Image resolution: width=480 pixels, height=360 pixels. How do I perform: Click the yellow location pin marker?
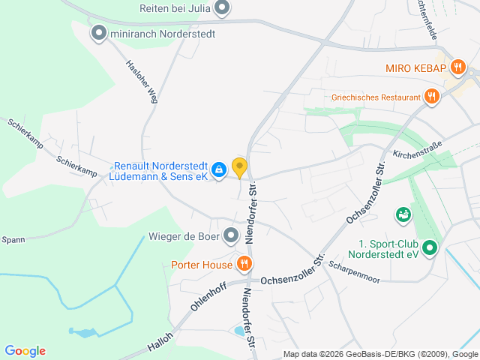(x=239, y=167)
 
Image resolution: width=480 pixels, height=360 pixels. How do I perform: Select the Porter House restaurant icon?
(x=244, y=264)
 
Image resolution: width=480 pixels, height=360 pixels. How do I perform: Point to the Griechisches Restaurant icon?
(x=431, y=97)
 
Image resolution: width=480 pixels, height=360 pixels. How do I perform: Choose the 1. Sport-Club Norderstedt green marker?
(x=429, y=247)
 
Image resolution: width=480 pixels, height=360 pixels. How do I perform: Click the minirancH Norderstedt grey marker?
(x=98, y=32)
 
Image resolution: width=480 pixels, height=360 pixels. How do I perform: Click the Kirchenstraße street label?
(x=418, y=148)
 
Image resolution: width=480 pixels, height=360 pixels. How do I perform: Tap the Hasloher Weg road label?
(x=142, y=81)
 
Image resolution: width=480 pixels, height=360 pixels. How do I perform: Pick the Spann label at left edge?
(x=13, y=240)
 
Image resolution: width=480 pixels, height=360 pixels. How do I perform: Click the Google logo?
(x=25, y=351)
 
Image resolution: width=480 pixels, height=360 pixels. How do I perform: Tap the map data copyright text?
(x=380, y=354)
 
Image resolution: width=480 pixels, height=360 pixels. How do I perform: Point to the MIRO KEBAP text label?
(x=416, y=68)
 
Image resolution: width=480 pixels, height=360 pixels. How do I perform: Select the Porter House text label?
(x=202, y=265)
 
